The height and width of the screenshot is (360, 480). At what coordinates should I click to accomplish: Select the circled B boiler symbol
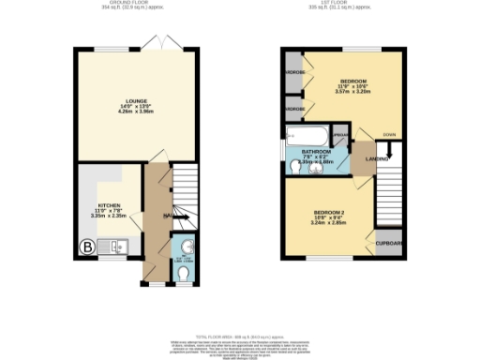click(x=87, y=247)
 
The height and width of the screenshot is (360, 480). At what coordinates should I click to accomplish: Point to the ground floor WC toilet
click(x=184, y=270)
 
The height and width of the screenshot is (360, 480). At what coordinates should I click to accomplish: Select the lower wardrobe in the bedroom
click(x=293, y=110)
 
